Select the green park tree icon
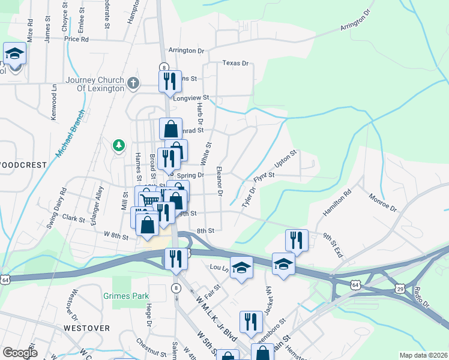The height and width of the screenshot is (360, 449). click(x=119, y=145)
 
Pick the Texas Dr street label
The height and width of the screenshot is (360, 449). click(x=235, y=62)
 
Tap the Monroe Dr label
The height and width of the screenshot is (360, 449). click(x=384, y=202)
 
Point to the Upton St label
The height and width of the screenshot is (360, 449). click(x=286, y=159)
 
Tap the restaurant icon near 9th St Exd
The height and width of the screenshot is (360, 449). click(x=297, y=240)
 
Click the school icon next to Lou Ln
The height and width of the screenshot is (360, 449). click(x=241, y=267)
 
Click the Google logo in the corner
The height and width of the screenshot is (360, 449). click(x=19, y=353)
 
